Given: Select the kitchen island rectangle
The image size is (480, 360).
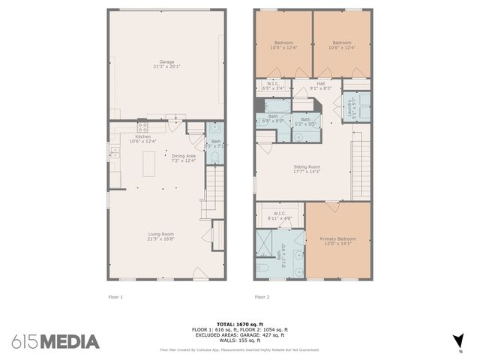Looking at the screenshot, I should pyautogui.click(x=149, y=162).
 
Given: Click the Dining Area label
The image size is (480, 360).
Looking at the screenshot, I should pyautogui.click(x=184, y=155).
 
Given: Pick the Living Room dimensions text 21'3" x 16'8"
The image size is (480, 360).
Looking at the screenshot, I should pyautogui.click(x=160, y=239).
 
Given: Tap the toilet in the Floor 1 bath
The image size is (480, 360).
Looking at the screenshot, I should pyautogui.click(x=215, y=156).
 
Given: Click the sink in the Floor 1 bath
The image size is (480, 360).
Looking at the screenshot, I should pyautogui.click(x=215, y=127).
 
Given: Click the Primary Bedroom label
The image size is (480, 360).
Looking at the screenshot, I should pyautogui.click(x=339, y=238).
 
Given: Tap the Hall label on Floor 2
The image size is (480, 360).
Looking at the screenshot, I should pyautogui.click(x=321, y=84).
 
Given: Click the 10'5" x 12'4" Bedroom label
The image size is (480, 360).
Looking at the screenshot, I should pyautogui.click(x=283, y=43).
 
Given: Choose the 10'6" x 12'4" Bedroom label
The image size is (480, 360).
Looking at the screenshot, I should pyautogui.click(x=342, y=43).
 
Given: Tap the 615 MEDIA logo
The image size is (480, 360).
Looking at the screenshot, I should pyautogui.click(x=55, y=342).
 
